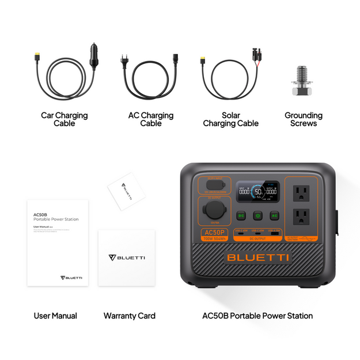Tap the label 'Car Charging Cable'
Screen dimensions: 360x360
[64, 119]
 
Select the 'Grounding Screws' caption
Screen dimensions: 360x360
[304, 119]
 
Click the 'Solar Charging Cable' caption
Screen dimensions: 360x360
[230, 119]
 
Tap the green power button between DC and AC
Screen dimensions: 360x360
[257, 215]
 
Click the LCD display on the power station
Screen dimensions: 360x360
[258, 192]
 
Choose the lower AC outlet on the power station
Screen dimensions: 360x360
[301, 216]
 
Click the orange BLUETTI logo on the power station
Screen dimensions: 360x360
[258, 257]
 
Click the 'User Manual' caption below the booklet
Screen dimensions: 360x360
[55, 316]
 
